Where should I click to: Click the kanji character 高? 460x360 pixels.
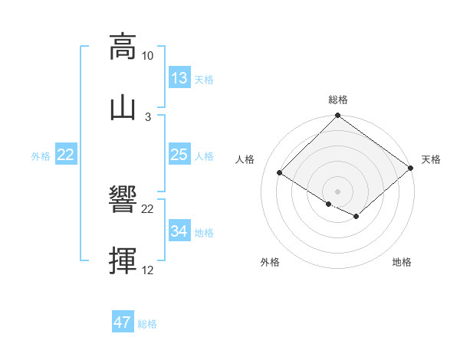point(123,47)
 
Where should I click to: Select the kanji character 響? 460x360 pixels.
point(123,201)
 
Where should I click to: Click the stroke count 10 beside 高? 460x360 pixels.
point(147,56)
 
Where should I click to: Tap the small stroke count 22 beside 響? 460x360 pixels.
point(147,210)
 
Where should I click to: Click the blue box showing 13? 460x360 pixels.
point(179,78)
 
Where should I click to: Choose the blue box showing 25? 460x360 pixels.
point(179,155)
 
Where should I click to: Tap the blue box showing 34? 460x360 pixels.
point(179,231)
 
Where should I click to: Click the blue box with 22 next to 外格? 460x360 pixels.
point(66,155)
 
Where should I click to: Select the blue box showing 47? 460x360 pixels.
point(123,322)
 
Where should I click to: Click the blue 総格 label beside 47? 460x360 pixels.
point(147,324)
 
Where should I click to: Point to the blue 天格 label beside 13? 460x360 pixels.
point(204,80)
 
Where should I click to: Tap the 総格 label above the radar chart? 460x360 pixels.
point(338,100)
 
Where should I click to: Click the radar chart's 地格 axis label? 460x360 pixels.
point(402,263)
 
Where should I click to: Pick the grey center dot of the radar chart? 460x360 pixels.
point(338,190)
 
